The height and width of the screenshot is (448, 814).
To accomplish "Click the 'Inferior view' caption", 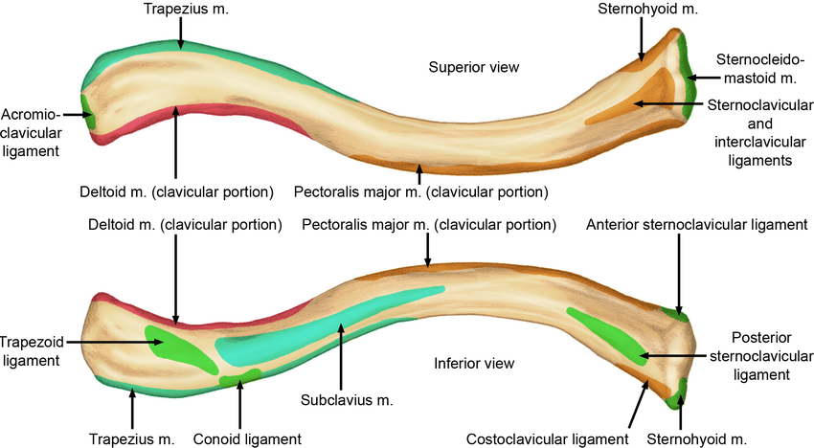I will pos(474,364).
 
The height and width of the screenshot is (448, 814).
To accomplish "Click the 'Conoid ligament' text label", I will pos(248,438).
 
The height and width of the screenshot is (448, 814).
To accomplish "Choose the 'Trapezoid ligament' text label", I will pos(32,350).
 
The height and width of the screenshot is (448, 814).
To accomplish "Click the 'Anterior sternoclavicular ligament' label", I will pos(696,225).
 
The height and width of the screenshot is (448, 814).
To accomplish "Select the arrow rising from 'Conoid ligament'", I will pos(239,407).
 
